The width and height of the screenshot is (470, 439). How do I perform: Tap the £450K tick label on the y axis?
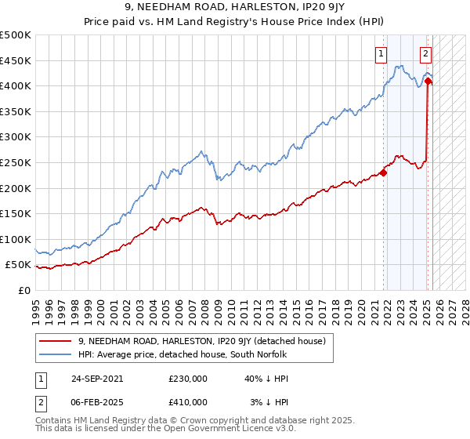pyautogui.click(x=16, y=60)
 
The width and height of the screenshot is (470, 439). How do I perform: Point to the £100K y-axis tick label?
pyautogui.click(x=16, y=239)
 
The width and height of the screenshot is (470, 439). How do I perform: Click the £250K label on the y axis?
pyautogui.click(x=16, y=162)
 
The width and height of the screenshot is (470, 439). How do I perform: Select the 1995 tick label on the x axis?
pyautogui.click(x=36, y=307)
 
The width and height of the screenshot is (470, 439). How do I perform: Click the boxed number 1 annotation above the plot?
pyautogui.click(x=381, y=54)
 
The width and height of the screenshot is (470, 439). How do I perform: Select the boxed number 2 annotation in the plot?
pyautogui.click(x=425, y=54)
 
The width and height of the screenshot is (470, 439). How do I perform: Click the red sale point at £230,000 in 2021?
pyautogui.click(x=384, y=172)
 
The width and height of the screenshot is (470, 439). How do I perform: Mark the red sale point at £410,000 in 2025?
pyautogui.click(x=428, y=81)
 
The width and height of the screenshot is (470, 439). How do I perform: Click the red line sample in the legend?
pyautogui.click(x=56, y=341)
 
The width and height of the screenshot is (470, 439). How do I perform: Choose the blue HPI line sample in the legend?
pyautogui.click(x=56, y=354)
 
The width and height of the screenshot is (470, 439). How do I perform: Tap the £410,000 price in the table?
pyautogui.click(x=187, y=401)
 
